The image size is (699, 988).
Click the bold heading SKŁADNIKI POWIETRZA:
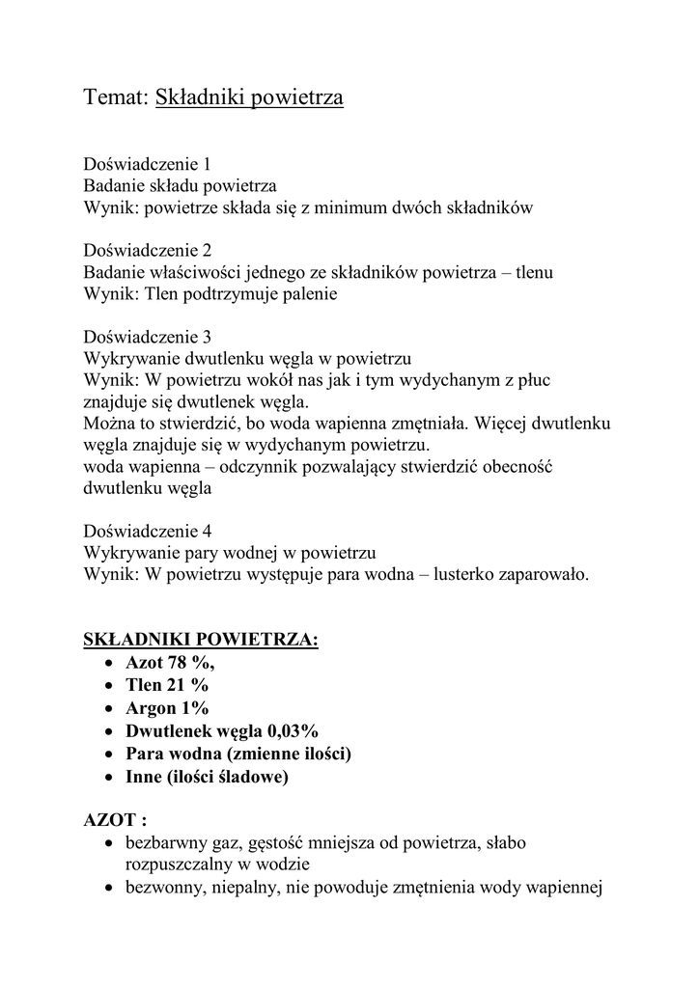coord(200,640)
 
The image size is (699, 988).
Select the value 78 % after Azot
coord(191,663)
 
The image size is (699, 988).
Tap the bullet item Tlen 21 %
coord(166,685)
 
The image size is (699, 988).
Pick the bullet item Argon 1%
coord(167,708)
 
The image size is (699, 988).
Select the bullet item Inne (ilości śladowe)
coord(208,775)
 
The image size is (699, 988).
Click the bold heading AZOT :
coord(115,821)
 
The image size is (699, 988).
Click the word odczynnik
coord(264,467)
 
